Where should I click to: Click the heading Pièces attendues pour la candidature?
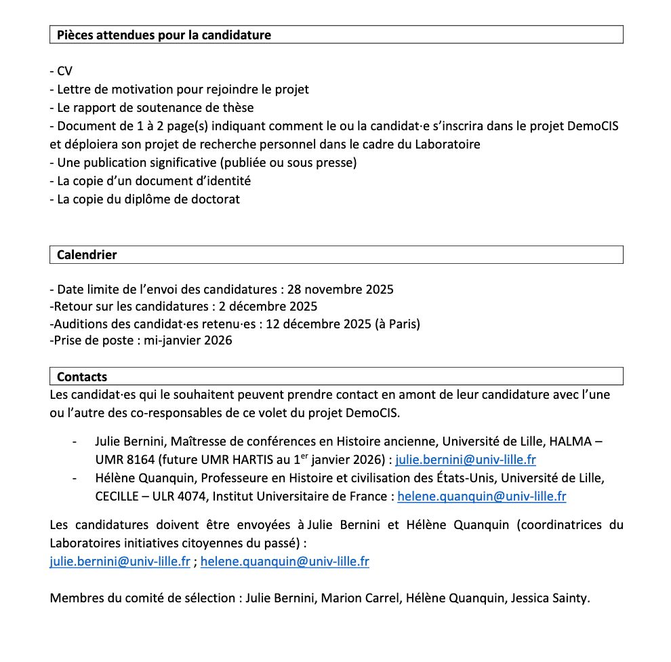(163, 35)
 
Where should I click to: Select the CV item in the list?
(64, 71)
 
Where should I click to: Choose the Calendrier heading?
(87, 255)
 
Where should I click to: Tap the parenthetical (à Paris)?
(397, 324)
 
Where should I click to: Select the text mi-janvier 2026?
(188, 340)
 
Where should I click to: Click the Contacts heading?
(82, 377)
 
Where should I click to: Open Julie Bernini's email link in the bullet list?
(466, 460)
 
